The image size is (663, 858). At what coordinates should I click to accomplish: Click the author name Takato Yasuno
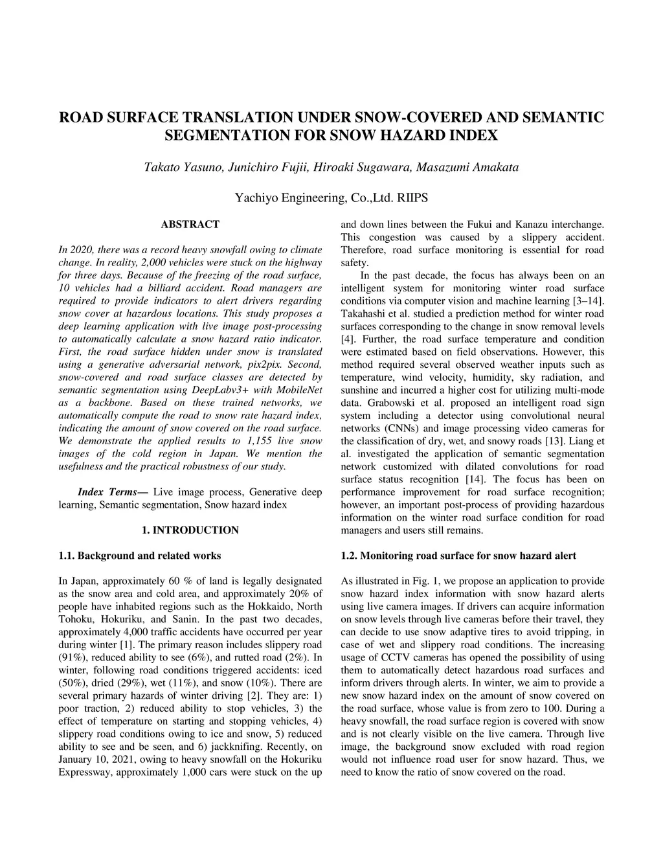(x=183, y=167)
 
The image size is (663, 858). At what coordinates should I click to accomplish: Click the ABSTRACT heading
(x=190, y=224)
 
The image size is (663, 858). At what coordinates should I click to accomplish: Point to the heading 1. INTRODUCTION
(x=190, y=530)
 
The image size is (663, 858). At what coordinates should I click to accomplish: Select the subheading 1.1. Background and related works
(x=139, y=555)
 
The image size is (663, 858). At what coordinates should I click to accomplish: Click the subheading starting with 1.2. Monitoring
(x=458, y=555)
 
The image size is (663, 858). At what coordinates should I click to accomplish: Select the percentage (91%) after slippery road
(x=72, y=657)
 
